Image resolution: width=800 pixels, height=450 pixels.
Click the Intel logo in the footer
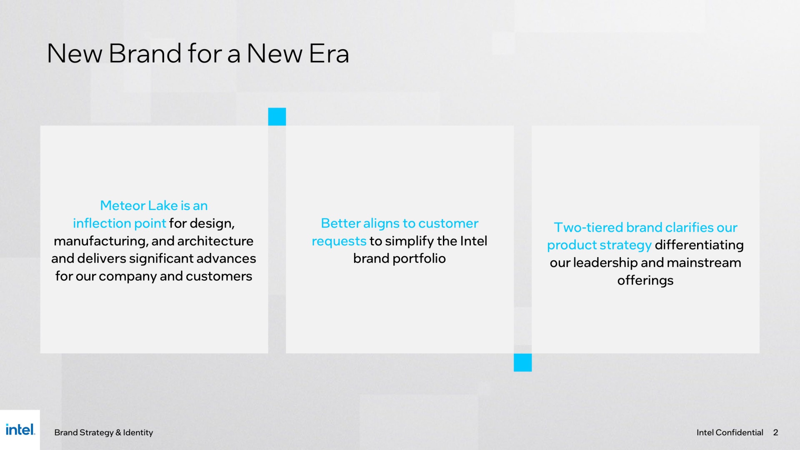[20, 430]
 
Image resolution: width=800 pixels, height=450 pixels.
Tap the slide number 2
[775, 432]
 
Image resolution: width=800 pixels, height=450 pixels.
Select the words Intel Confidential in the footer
[730, 432]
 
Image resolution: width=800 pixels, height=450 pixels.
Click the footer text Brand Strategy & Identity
[103, 432]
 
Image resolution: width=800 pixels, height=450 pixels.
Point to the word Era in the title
[329, 54]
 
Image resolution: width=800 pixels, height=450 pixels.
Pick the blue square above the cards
[277, 117]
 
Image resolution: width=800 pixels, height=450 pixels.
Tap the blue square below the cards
[522, 362]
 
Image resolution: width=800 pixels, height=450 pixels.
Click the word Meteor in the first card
[122, 205]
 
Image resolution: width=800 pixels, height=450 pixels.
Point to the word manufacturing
[100, 241]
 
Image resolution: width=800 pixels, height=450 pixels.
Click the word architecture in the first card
[215, 241]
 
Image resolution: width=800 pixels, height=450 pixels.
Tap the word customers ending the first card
[219, 276]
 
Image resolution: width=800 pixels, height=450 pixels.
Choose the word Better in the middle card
[340, 223]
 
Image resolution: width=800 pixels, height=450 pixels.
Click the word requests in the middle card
[339, 242]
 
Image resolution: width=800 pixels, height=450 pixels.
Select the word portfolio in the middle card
[419, 259]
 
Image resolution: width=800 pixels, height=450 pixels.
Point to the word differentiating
[699, 245]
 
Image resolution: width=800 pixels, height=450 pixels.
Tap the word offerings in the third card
[645, 280]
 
